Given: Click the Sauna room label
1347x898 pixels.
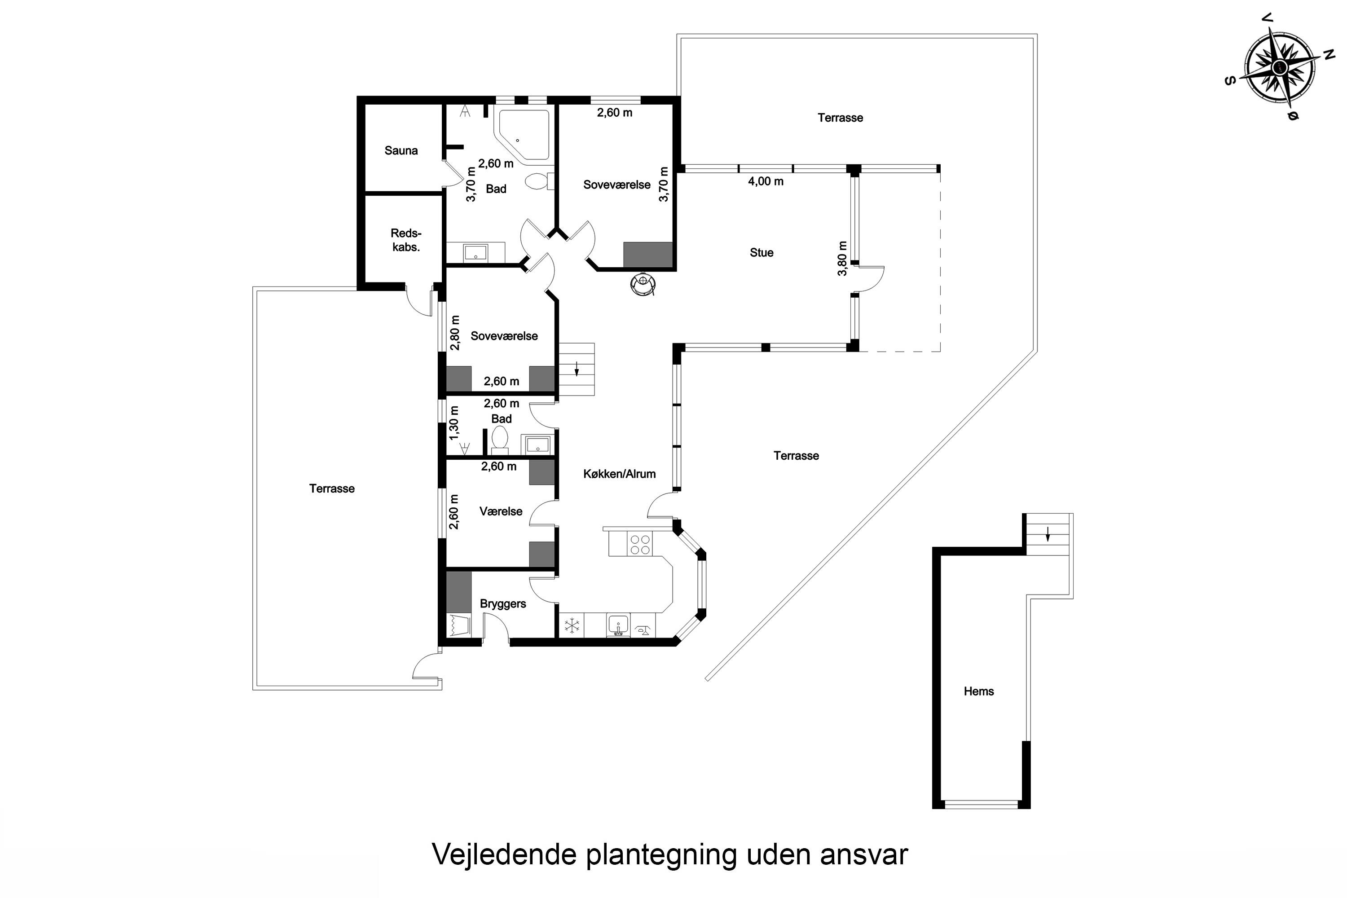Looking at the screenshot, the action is pos(401,150).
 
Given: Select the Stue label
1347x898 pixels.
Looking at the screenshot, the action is pos(761,252).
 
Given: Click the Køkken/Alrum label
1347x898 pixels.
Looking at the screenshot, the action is pos(619,474).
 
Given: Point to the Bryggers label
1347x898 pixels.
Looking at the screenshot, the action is pos(503,603).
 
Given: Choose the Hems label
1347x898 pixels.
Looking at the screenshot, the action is pos(979,691).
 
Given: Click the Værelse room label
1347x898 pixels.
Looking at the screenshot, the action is pos(501,511).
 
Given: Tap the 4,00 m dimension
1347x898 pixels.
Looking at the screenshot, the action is pos(766,181).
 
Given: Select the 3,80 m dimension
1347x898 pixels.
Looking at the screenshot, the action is pos(842,258).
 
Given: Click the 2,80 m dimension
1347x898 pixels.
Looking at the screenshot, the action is pos(455,333).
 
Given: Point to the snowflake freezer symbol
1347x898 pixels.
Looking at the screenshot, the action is pos(572,625).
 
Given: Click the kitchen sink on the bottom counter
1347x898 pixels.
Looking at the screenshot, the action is pos(618,625).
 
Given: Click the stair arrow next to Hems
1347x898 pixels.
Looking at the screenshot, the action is pos(1048,534).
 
